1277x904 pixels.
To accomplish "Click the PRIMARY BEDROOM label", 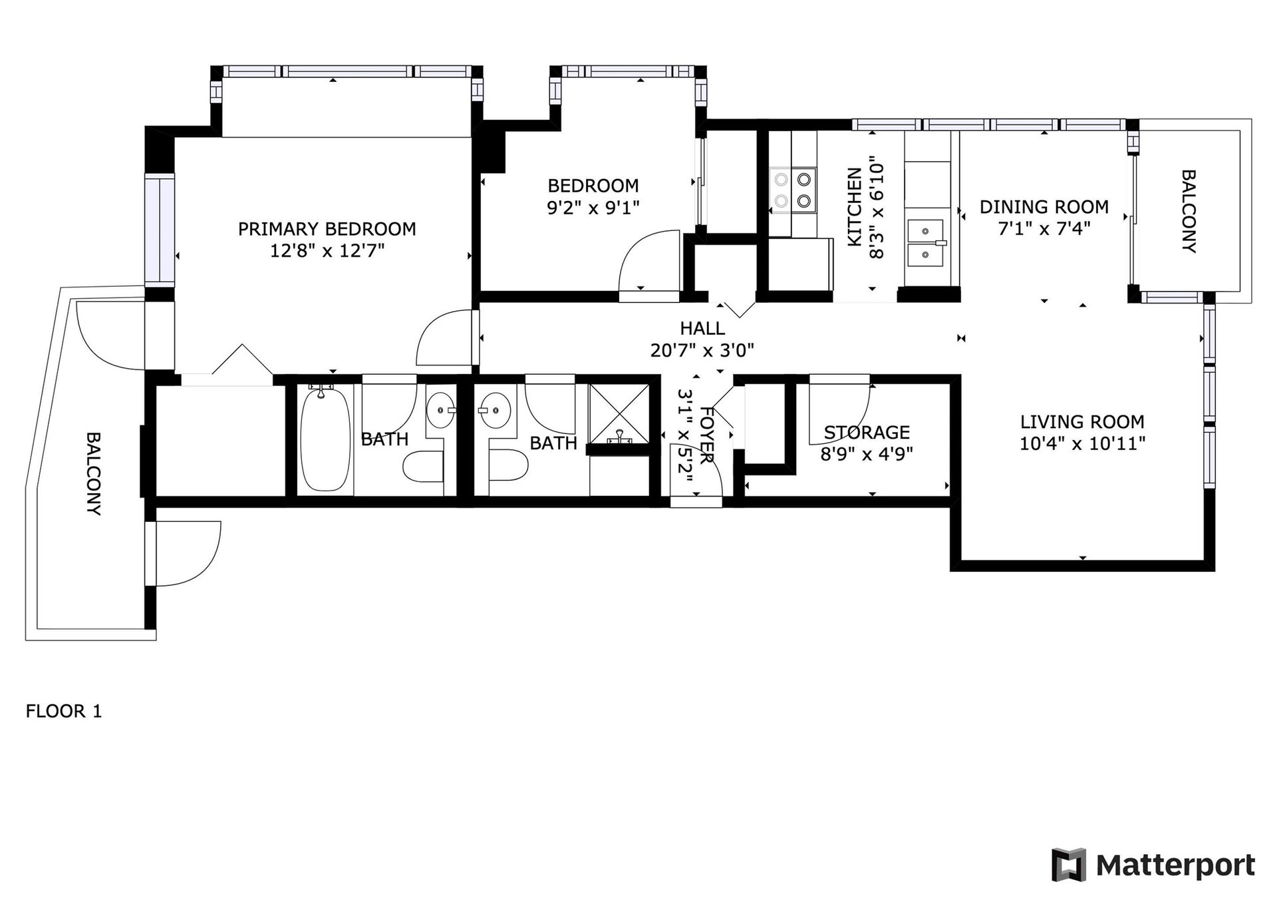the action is coord(327,229).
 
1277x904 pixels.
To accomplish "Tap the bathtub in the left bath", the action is coord(325,439).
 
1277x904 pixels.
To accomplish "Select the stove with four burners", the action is coord(793,190).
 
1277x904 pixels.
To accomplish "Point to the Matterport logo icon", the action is coord(1068,865).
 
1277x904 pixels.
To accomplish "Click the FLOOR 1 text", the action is coord(64,712).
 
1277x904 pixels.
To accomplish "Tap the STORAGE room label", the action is coord(867,433).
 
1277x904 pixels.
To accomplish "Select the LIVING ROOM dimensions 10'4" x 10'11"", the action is coord(1082,443).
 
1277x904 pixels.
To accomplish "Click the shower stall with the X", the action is coord(619,415).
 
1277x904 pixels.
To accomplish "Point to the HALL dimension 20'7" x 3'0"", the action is coord(702,350).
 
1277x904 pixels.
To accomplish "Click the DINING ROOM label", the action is coord(1044,207).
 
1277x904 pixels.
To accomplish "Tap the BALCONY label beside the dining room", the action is coord(1189,212).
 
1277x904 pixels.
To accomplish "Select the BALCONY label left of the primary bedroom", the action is coord(93,474).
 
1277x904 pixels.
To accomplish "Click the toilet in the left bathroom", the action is coord(423,467).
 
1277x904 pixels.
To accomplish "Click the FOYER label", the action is coord(707,435).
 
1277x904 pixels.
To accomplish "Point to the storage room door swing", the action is coord(839,414).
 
